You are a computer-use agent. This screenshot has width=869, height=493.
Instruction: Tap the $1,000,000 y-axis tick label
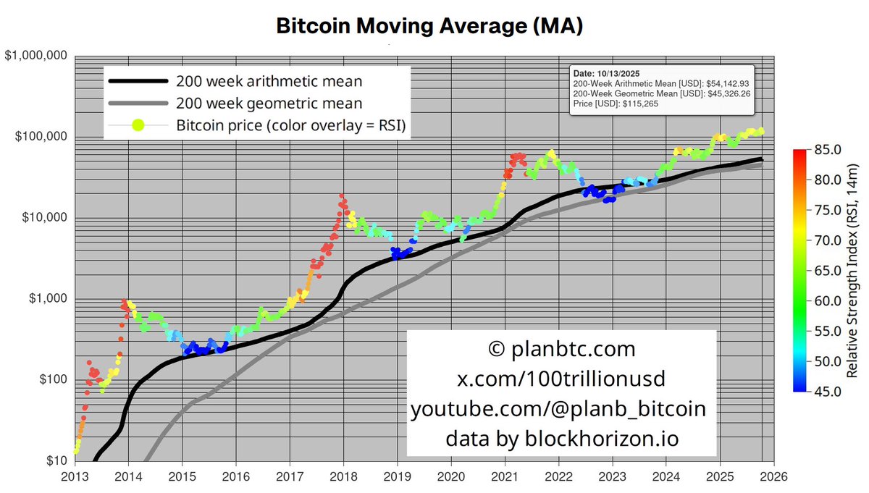tap(36, 56)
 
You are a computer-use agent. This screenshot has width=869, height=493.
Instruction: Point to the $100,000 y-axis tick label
tap(41, 138)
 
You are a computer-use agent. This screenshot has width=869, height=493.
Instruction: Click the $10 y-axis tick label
tap(58, 461)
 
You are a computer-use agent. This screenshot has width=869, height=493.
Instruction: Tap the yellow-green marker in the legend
tap(138, 125)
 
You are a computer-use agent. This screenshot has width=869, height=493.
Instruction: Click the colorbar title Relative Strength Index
tap(855, 271)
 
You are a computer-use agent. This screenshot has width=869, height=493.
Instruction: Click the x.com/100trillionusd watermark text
tap(562, 379)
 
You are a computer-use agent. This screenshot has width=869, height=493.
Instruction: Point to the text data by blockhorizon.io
tap(562, 438)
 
